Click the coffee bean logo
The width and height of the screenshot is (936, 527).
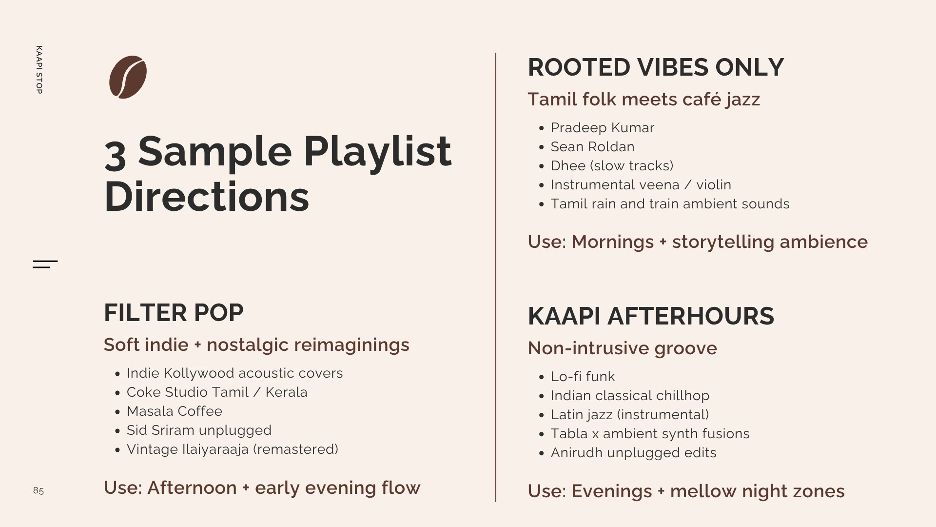[x=128, y=77]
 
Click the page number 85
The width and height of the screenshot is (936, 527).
[x=39, y=490]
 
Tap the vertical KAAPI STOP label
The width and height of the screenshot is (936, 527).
[x=39, y=70]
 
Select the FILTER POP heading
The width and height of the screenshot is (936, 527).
[x=174, y=313]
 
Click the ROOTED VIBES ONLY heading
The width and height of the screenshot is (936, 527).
[x=656, y=67]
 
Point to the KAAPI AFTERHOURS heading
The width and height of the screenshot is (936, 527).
[x=651, y=316]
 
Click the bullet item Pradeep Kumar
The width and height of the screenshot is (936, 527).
[x=603, y=128]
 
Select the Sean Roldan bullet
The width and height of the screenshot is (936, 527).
[x=592, y=147]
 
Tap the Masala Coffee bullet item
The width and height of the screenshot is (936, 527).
[x=175, y=411]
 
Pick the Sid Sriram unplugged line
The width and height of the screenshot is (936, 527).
[x=199, y=430]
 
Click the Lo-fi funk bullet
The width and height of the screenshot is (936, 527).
[x=583, y=377]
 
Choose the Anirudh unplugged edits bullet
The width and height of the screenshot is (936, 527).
[x=633, y=453]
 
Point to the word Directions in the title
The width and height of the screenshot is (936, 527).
[x=207, y=196]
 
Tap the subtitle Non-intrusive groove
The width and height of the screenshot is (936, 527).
[x=623, y=348]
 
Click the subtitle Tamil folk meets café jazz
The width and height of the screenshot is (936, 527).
[x=644, y=100]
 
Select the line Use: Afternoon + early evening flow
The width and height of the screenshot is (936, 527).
[x=262, y=488]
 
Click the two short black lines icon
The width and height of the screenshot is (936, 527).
[x=45, y=264]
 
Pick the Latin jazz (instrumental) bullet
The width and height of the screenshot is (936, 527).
[x=630, y=415]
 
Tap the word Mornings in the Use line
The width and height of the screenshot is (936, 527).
[x=612, y=242]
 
